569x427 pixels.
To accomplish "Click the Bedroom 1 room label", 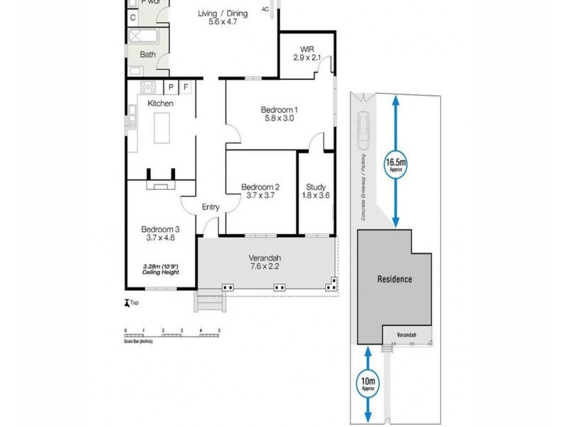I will [279, 109].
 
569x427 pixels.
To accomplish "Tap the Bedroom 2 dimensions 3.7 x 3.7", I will [261, 195].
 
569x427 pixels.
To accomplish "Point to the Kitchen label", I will [160, 104].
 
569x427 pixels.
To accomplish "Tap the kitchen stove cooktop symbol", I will [149, 88].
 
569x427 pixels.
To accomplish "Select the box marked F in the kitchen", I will [186, 88].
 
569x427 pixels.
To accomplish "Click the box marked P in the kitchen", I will [171, 88].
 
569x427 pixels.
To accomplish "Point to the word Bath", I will [147, 54].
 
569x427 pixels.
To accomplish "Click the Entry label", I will [211, 207].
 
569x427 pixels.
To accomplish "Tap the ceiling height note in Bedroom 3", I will [159, 270].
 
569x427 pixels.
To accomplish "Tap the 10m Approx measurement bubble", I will [368, 385].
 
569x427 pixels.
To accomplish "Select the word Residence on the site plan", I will [394, 279].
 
